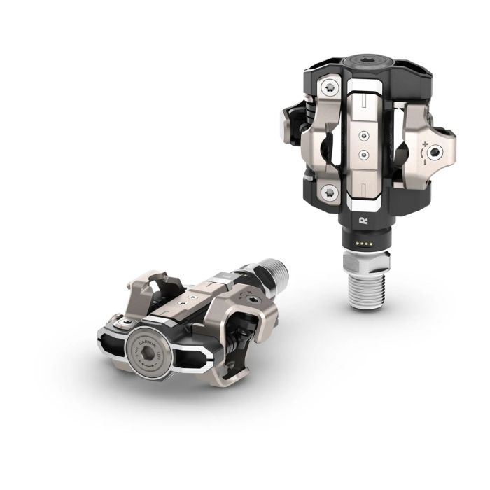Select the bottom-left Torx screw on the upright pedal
point(328,191)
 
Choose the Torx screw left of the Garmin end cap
point(121,323)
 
